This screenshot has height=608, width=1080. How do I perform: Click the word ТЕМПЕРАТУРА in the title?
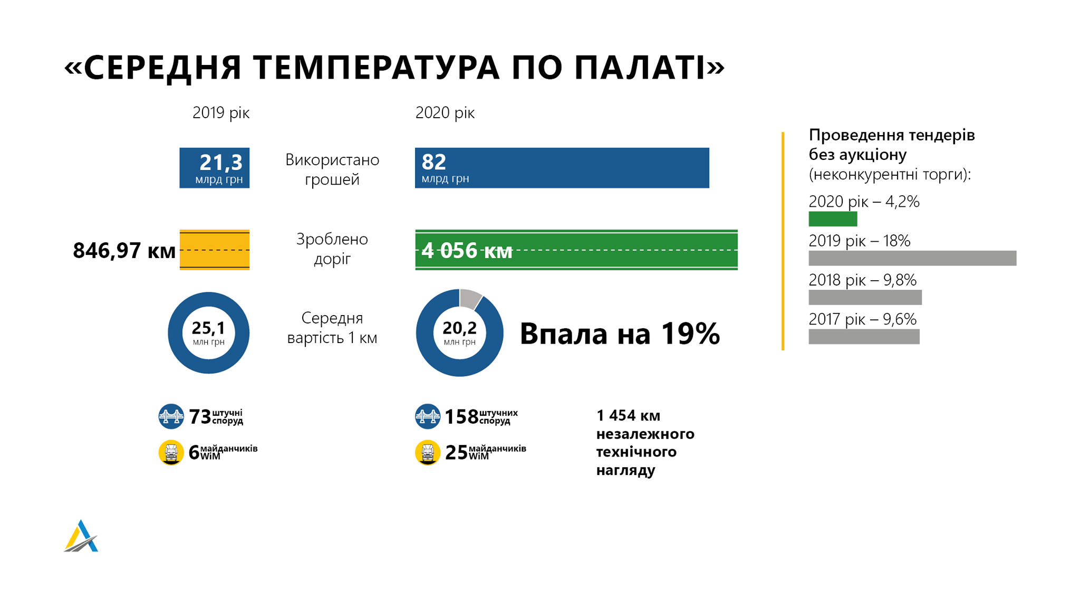(x=376, y=68)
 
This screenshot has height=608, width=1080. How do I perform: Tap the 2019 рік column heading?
(x=221, y=113)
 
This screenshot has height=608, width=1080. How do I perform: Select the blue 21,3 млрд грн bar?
(x=215, y=168)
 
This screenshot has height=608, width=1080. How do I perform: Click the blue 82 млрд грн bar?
(x=562, y=168)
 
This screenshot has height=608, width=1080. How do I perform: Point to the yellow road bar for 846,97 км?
(x=215, y=250)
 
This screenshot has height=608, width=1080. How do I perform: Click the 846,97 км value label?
(x=124, y=251)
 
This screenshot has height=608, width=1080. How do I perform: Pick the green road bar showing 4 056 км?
(x=576, y=250)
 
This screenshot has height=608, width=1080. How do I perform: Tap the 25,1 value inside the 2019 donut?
(x=208, y=328)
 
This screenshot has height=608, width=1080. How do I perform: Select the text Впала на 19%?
(x=620, y=334)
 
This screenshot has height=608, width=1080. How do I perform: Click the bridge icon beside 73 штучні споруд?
(x=171, y=416)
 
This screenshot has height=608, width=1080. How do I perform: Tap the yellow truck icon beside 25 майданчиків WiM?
(x=428, y=452)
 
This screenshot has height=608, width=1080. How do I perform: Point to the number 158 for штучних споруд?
(x=462, y=417)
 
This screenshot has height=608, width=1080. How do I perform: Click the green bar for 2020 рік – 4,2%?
(x=833, y=219)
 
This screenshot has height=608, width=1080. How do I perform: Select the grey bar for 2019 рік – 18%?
(x=912, y=258)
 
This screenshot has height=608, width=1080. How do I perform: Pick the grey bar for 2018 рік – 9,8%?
(x=865, y=297)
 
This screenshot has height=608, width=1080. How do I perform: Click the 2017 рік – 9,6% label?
(x=863, y=319)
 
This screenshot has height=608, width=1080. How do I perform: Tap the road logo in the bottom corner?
(x=81, y=536)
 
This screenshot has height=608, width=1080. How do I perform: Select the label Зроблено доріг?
(x=332, y=249)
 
